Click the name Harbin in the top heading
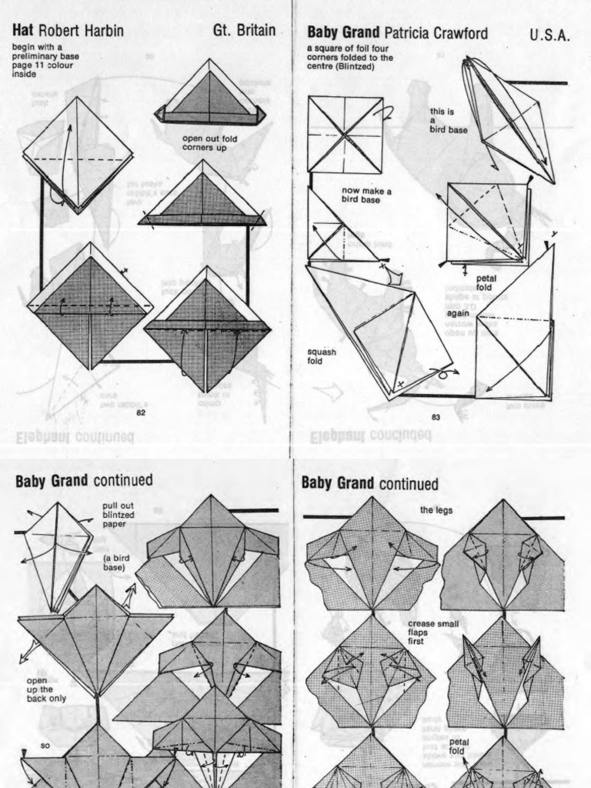[x=102, y=32]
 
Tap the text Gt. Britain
[x=244, y=32]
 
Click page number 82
[x=141, y=412]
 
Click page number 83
[x=436, y=417]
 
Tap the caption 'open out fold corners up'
[x=205, y=143]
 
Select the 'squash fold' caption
[x=322, y=356]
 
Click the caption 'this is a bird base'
[x=448, y=121]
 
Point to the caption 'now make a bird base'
[x=367, y=195]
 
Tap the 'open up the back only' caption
[x=45, y=689]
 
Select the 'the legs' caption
[x=436, y=509]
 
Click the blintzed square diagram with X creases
[x=346, y=135]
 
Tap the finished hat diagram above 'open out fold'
[x=211, y=95]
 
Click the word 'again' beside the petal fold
[x=458, y=313]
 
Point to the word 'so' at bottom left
[x=45, y=746]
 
